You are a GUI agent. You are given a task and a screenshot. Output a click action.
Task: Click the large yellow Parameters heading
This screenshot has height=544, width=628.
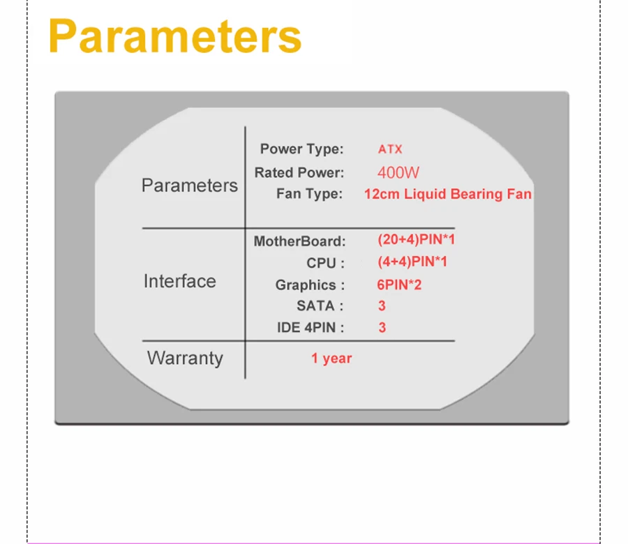(175, 36)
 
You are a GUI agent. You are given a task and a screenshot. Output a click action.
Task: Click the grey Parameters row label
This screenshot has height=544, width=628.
(189, 186)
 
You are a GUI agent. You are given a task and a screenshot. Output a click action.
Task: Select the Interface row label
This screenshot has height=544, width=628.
(180, 281)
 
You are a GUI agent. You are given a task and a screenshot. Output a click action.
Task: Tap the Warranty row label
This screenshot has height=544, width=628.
(185, 358)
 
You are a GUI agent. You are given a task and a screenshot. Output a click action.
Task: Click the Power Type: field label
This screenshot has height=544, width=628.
(302, 149)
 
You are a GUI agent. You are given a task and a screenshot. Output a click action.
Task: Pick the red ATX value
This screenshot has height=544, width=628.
(390, 149)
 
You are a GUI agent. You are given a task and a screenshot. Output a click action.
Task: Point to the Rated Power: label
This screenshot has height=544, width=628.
(299, 172)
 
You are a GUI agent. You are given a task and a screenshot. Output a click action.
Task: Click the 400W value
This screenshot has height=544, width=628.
(398, 172)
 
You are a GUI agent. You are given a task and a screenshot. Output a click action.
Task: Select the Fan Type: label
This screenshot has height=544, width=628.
(310, 194)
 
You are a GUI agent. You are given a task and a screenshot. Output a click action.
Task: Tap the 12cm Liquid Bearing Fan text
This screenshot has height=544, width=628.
(448, 194)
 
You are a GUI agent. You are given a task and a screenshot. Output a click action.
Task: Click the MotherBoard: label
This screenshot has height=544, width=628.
(299, 241)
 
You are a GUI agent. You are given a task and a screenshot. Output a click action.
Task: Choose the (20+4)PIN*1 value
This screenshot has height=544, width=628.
(416, 239)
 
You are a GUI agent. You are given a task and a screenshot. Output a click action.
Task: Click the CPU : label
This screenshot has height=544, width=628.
(325, 263)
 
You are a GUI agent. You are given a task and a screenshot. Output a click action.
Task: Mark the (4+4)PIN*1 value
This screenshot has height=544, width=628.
(412, 262)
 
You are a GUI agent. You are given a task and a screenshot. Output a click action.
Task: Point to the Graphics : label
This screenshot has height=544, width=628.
(310, 285)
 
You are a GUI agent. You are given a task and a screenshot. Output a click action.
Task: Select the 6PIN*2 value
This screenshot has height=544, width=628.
(399, 285)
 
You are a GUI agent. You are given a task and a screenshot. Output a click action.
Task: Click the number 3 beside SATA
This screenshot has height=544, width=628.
(382, 305)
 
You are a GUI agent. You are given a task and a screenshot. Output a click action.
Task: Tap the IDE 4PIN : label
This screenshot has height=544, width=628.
(311, 327)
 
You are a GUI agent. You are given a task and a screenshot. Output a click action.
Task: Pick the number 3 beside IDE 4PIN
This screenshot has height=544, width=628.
(382, 327)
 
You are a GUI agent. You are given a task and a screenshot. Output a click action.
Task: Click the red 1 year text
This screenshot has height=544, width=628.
(331, 358)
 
